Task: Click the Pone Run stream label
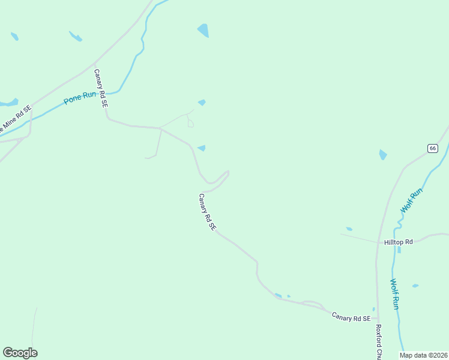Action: [81, 98]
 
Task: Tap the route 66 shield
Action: [432, 148]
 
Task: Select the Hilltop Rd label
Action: [399, 242]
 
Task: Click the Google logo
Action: [20, 353]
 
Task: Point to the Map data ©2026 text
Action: [424, 355]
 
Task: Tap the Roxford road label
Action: [379, 342]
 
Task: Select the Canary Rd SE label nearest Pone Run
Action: [100, 88]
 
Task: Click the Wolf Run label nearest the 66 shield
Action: [412, 200]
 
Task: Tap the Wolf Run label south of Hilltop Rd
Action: [394, 294]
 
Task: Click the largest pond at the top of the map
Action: [203, 30]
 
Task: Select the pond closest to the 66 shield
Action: [383, 155]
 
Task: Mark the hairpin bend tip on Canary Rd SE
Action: [228, 173]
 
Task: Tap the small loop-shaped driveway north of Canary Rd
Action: [190, 123]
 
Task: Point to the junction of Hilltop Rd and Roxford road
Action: [378, 244]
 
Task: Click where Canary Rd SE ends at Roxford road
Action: [378, 319]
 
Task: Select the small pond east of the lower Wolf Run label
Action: [415, 286]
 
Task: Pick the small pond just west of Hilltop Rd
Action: [349, 229]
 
